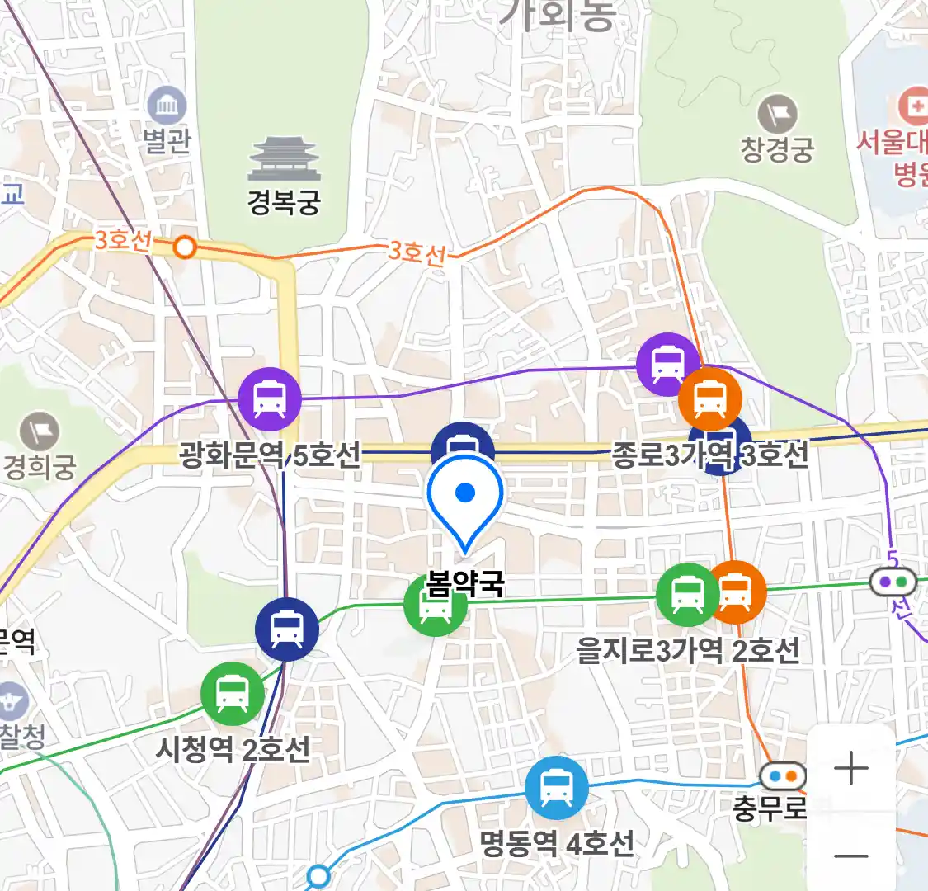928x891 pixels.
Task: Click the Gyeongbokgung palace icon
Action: point(284,160)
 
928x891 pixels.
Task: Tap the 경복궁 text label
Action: point(284,202)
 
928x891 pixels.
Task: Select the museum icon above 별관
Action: point(167,106)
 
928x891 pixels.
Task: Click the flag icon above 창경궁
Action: point(777,114)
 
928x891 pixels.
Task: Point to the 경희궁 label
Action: point(40,467)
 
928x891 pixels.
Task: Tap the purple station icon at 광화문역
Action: point(270,398)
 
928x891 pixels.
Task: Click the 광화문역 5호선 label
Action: point(271,455)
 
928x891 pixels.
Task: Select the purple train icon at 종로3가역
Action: point(667,364)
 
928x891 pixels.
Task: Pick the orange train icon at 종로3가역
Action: point(709,398)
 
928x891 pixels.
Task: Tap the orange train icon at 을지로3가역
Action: point(737,592)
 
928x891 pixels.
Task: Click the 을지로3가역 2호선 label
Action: point(688,650)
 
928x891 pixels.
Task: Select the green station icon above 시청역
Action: point(233,694)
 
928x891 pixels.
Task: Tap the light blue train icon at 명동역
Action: point(557,788)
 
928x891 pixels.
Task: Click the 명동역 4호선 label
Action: point(557,843)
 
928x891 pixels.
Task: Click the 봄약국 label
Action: point(465,584)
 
